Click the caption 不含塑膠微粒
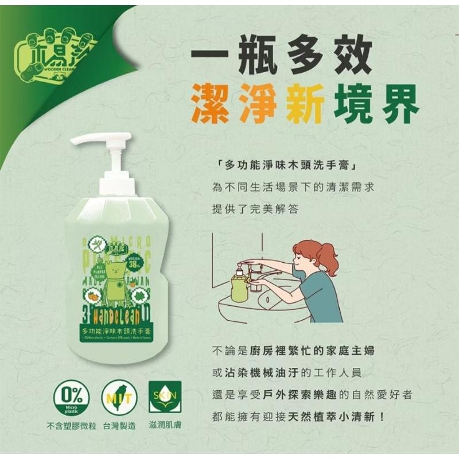click(70, 426)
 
